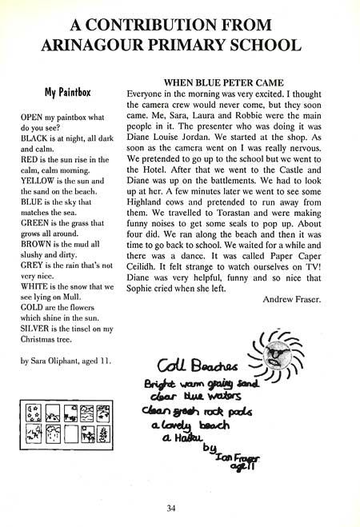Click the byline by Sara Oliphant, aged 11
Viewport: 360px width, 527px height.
(x=66, y=361)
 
